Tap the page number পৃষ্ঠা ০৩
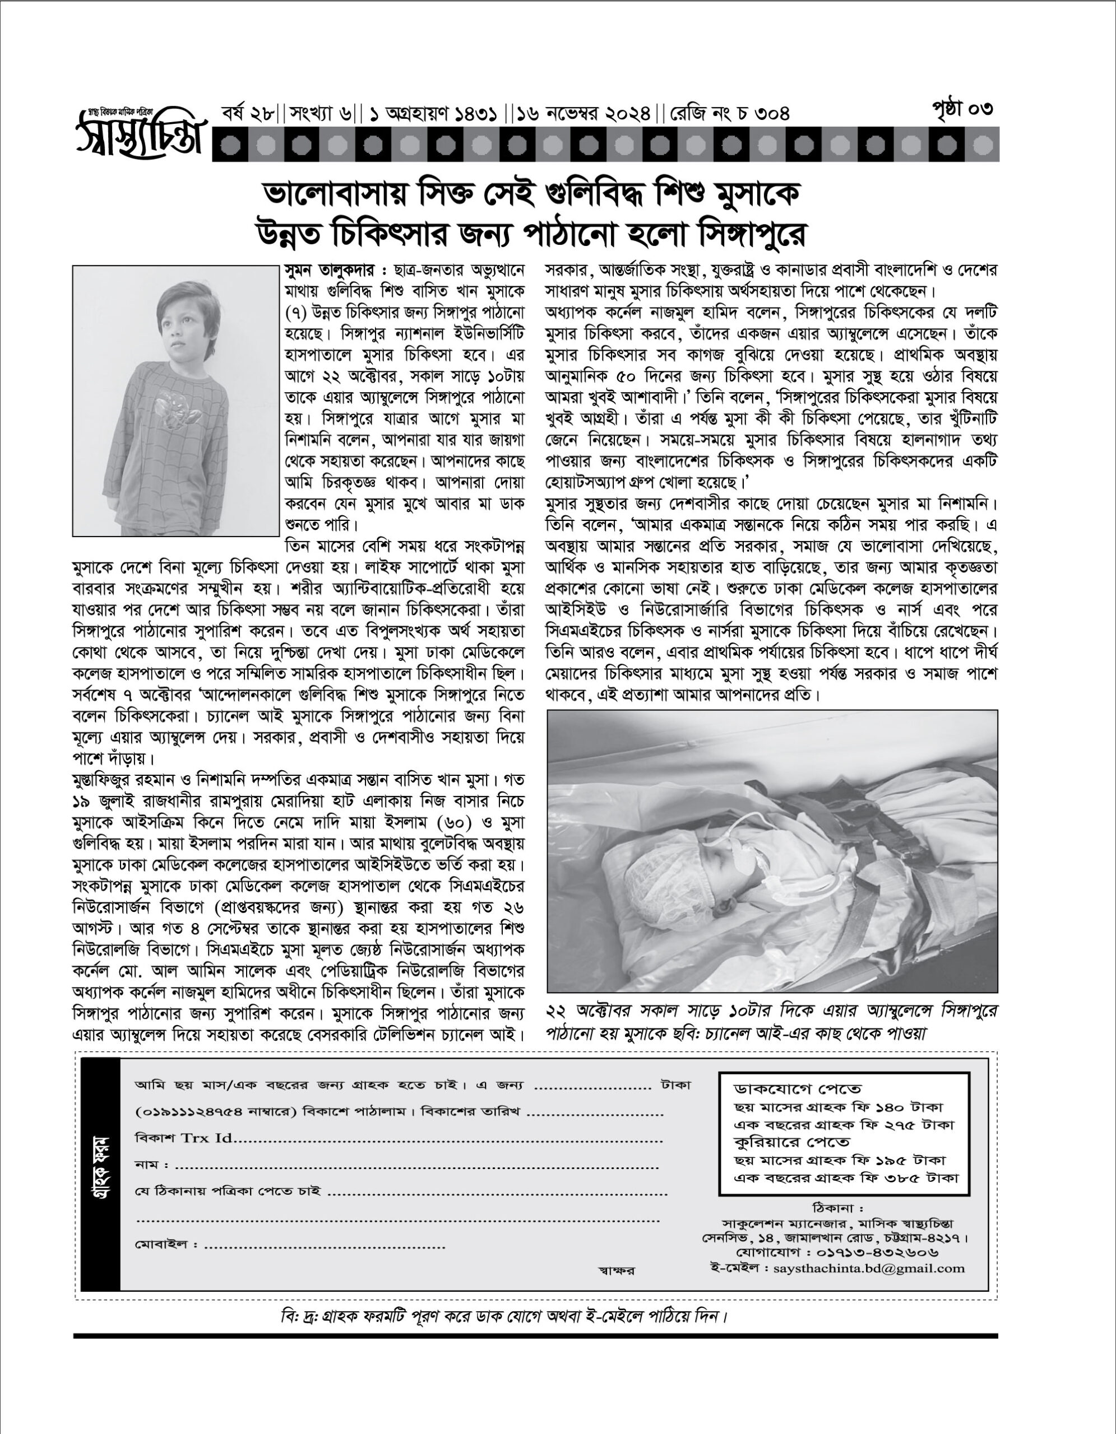tap(962, 110)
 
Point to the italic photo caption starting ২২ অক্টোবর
tap(771, 1021)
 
